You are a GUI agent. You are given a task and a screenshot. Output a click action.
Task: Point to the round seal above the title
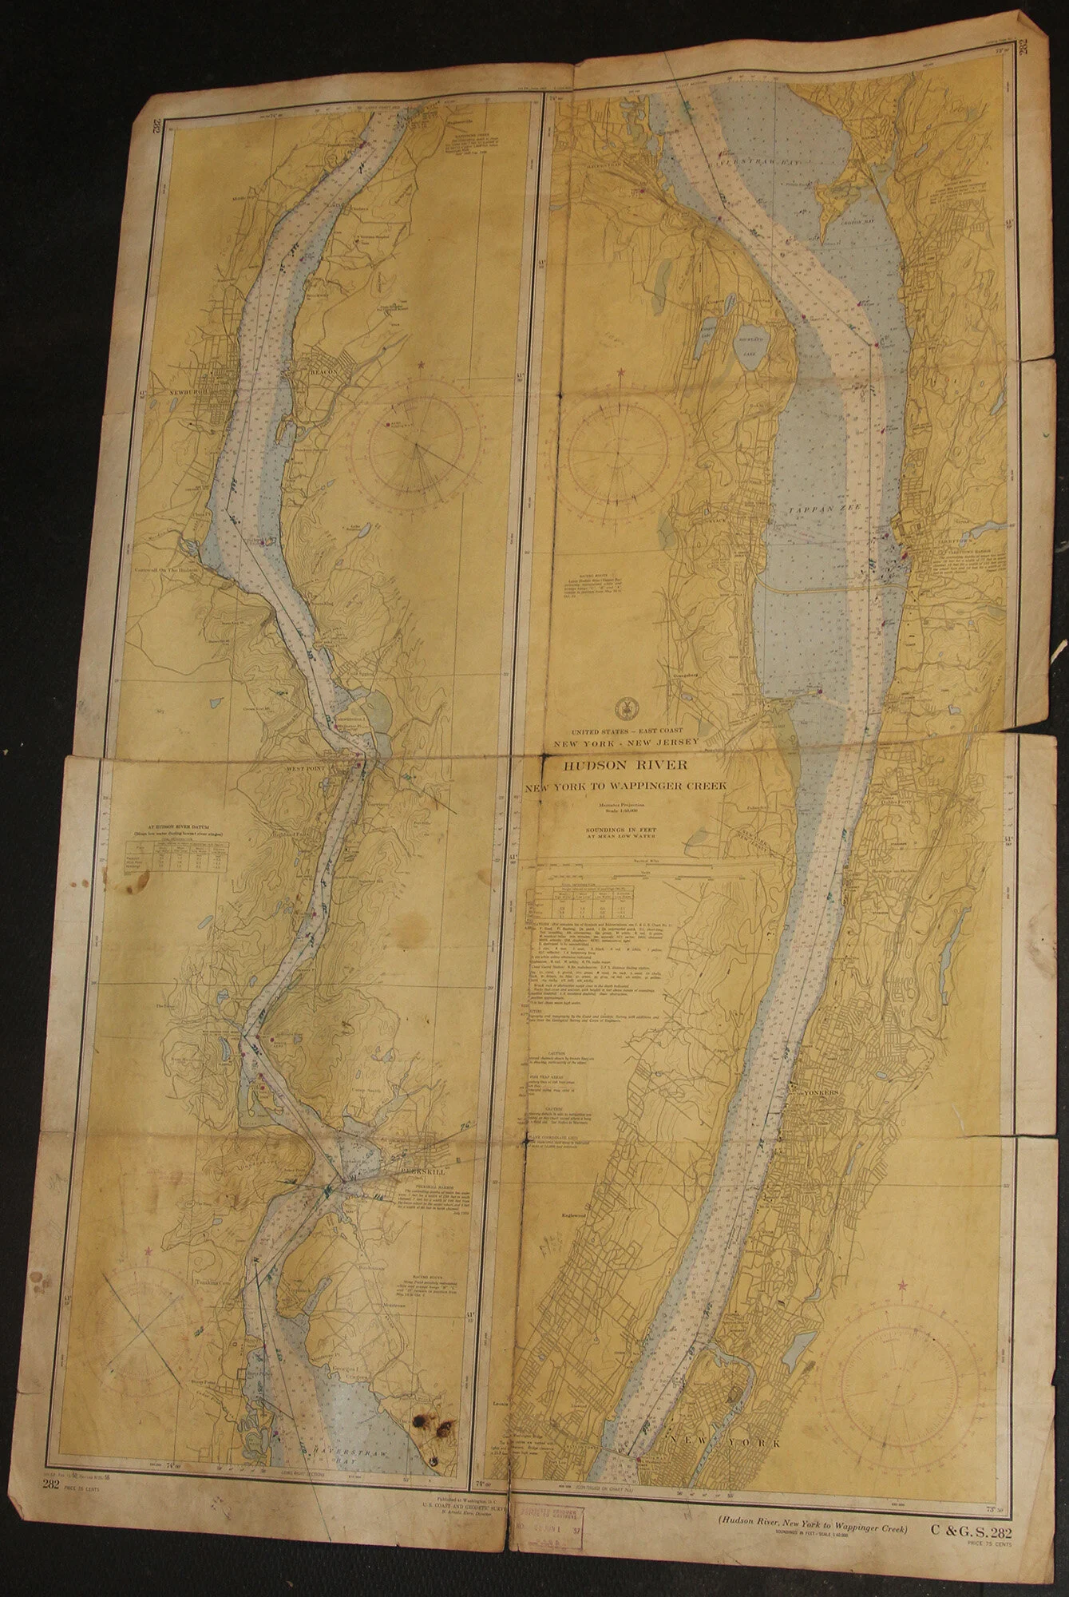tap(625, 707)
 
